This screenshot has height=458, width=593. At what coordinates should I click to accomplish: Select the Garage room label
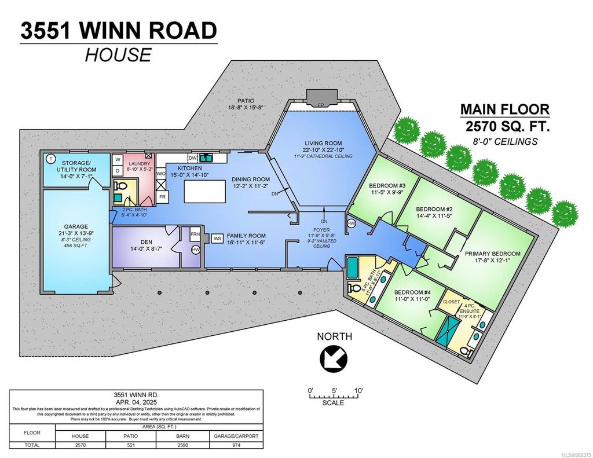75,228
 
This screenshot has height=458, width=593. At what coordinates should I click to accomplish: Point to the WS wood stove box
218,238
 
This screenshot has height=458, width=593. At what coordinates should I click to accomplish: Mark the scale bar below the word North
335,396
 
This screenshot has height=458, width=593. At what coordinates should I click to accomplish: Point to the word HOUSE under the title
118,55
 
